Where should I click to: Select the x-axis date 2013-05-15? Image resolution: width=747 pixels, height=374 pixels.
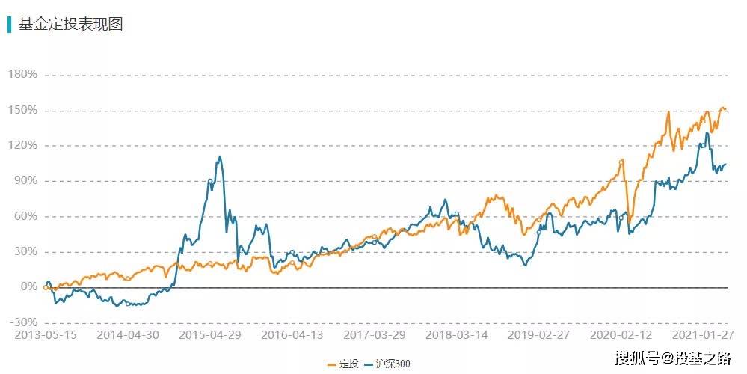click(x=45, y=336)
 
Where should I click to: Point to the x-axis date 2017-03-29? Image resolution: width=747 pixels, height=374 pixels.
click(x=375, y=336)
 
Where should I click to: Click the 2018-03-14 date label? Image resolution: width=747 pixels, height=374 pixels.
click(x=458, y=336)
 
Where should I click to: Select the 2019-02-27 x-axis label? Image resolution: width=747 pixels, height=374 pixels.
click(x=539, y=336)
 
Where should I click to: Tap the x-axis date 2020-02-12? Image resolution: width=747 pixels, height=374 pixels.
click(x=621, y=336)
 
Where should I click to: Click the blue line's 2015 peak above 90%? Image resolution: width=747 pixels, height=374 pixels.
click(x=219, y=156)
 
